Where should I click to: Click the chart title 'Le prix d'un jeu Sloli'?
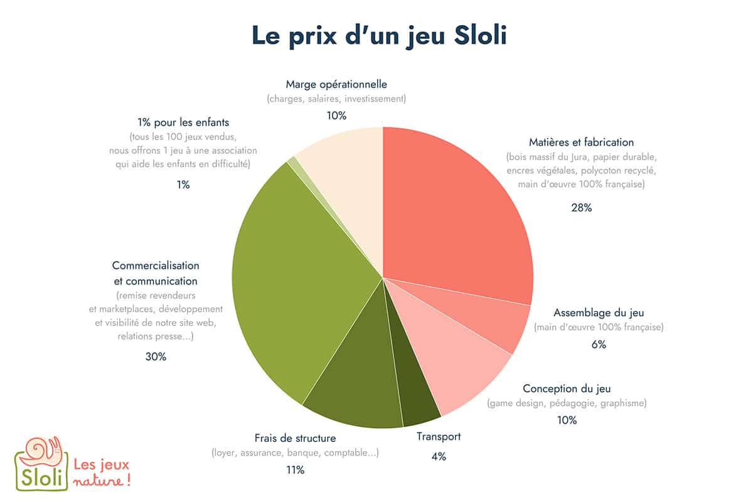click(379, 35)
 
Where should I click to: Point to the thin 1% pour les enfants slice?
click(293, 162)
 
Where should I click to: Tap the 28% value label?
click(581, 208)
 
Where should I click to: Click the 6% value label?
click(598, 344)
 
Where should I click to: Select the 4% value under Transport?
click(439, 457)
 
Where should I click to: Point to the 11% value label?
click(295, 470)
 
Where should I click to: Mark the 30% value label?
click(156, 356)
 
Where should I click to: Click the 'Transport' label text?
click(439, 437)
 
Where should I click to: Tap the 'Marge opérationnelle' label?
click(336, 83)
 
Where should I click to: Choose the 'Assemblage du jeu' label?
click(598, 312)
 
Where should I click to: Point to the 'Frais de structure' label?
click(295, 438)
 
